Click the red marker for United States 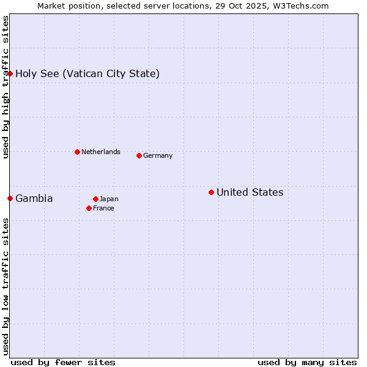(211, 192)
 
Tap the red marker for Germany (139, 155)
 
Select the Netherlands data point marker (77, 152)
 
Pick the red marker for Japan (95, 199)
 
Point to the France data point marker (89, 208)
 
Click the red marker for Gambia (10, 198)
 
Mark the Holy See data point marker (10, 73)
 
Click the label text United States (250, 193)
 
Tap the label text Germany (158, 156)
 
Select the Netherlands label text (100, 152)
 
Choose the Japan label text (109, 199)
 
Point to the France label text (103, 209)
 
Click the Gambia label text (34, 199)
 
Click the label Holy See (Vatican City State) (87, 74)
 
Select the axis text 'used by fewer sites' (63, 362)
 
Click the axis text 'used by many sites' (307, 362)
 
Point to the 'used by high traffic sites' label (6, 87)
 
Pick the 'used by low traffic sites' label (6, 286)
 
